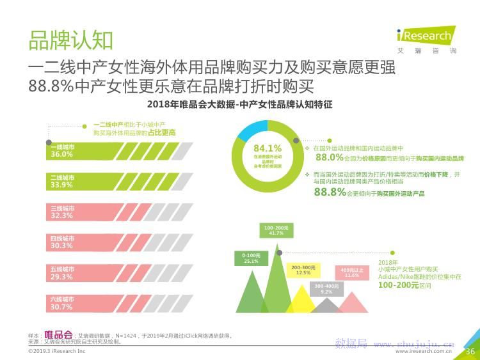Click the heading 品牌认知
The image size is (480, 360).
pyautogui.click(x=70, y=40)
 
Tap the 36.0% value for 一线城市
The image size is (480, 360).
pyautogui.click(x=62, y=155)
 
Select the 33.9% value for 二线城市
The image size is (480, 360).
pyautogui.click(x=62, y=185)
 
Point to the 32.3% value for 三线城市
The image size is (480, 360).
pyautogui.click(x=62, y=216)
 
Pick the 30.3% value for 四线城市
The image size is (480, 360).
pyautogui.click(x=62, y=246)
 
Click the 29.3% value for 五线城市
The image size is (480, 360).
pyautogui.click(x=62, y=277)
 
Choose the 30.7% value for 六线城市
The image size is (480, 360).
pyautogui.click(x=62, y=308)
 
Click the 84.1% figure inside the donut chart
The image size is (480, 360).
pyautogui.click(x=268, y=148)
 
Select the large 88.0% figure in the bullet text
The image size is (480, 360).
pyautogui.click(x=330, y=157)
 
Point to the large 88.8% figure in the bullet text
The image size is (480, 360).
pyautogui.click(x=330, y=192)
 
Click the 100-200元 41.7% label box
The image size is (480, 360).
pyautogui.click(x=276, y=230)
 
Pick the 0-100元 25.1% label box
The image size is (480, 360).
pyautogui.click(x=251, y=258)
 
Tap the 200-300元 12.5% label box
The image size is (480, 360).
pyautogui.click(x=303, y=270)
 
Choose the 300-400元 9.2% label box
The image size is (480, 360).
pyautogui.click(x=326, y=288)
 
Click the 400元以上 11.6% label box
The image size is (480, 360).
pyautogui.click(x=352, y=272)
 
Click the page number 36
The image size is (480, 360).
pyautogui.click(x=470, y=351)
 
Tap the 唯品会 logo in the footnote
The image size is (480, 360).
pyautogui.click(x=58, y=334)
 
